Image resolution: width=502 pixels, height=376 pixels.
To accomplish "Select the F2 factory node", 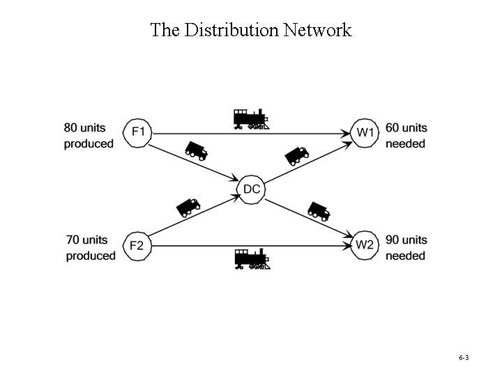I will (x=137, y=246).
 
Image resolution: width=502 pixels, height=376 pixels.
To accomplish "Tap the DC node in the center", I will (x=252, y=189).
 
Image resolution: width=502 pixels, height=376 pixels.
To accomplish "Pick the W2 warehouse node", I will (x=365, y=245).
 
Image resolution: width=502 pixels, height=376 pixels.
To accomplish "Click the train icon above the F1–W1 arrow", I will (x=251, y=119).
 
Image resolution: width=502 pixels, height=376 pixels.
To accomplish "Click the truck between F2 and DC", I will (x=188, y=206).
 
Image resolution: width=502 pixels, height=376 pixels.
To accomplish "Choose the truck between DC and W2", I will (x=319, y=210).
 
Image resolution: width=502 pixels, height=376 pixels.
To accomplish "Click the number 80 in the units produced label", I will (x=71, y=128).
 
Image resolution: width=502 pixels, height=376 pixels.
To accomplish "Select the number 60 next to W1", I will (x=393, y=128).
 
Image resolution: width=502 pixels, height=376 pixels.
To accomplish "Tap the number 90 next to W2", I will (x=393, y=240).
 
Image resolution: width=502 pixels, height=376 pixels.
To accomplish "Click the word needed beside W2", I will (x=405, y=256).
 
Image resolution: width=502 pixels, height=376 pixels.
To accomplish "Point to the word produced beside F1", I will (x=89, y=144).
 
